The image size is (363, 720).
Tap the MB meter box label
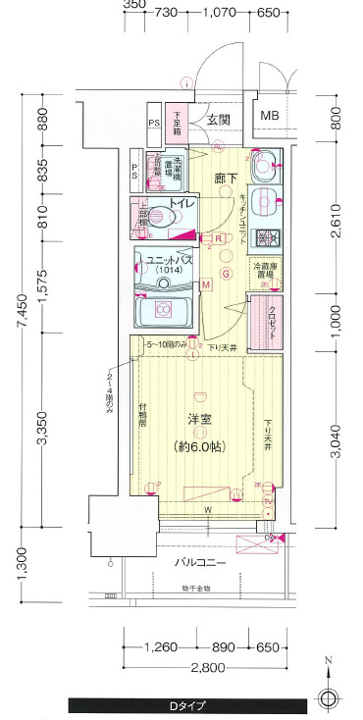269,117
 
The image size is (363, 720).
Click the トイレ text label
182,202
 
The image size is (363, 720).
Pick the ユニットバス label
170,262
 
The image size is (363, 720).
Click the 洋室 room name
201,419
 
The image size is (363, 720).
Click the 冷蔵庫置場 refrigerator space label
265,271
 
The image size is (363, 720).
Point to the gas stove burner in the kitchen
265,237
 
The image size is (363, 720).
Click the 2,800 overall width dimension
208,668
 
